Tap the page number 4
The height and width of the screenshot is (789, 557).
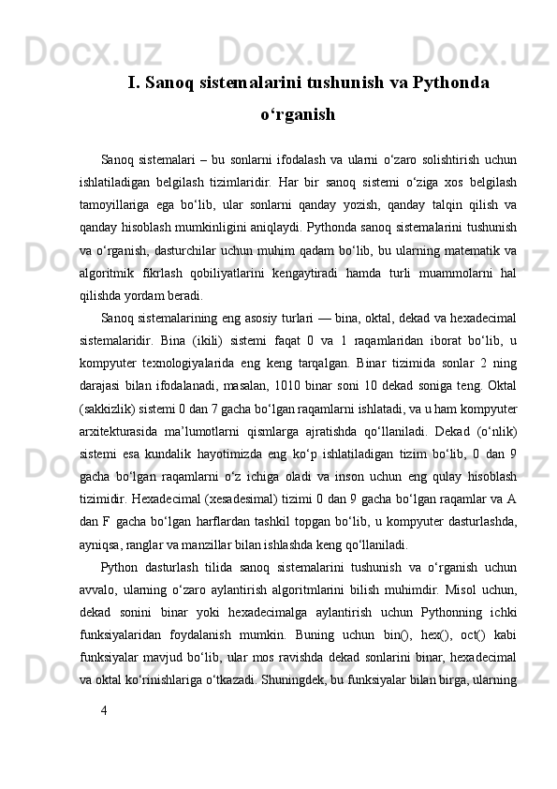coord(104,760)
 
